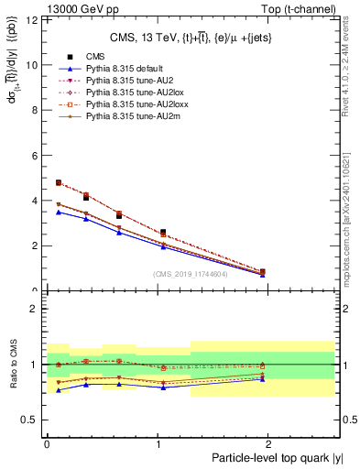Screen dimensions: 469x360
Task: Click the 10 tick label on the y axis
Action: point(34,65)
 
